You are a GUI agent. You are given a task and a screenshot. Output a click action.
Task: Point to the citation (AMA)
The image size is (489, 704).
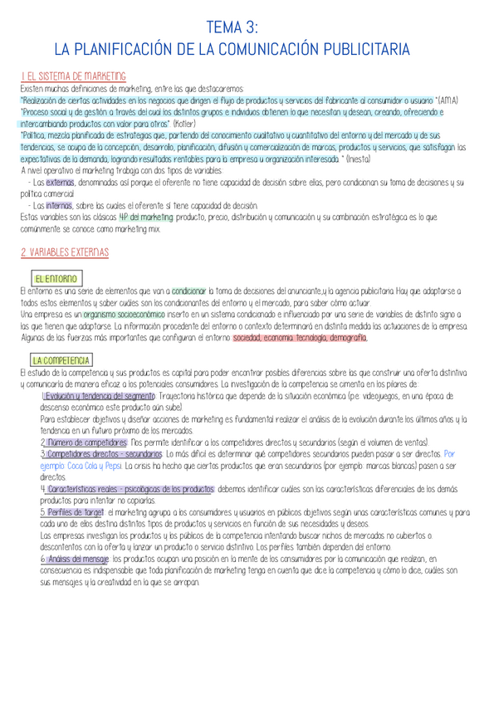447,100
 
